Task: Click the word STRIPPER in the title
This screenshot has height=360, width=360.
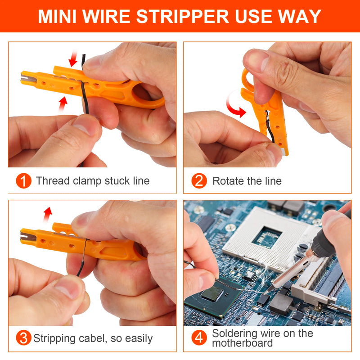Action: click(183, 16)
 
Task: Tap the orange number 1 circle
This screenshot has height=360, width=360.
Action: click(23, 181)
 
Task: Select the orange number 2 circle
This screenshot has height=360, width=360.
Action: click(199, 181)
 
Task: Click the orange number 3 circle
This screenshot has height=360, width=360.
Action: click(23, 338)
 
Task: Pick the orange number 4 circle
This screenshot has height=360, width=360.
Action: click(199, 338)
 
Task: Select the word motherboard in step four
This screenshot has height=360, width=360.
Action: click(242, 343)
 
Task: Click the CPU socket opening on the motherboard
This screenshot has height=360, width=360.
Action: click(267, 236)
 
